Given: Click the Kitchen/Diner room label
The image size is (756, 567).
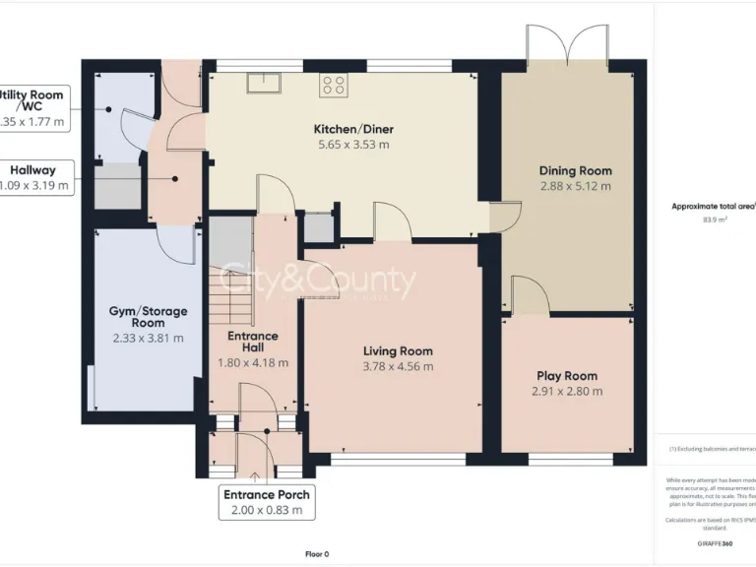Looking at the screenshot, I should pos(351,129).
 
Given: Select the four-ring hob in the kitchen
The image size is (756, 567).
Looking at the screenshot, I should pos(334,86).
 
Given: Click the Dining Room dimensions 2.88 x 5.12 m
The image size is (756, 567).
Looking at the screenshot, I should pos(575,185).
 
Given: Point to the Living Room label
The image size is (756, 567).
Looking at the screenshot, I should pos(398,351).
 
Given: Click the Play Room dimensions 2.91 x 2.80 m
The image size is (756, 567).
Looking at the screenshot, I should pos(566,391).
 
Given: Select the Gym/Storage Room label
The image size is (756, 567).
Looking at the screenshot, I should pos(148,317).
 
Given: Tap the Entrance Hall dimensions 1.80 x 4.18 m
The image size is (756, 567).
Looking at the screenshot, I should pos(253,362).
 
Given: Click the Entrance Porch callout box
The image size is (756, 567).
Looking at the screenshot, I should pos(267,502).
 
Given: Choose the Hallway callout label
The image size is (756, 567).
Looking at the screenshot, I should pos(34,177).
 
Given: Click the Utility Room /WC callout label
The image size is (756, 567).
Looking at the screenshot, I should pos(34,107).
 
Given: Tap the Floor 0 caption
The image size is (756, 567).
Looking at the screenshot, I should pos(317,554).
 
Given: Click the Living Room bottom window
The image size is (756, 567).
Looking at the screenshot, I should pos(398,459).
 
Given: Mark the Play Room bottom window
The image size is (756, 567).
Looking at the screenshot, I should pos(572,459).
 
